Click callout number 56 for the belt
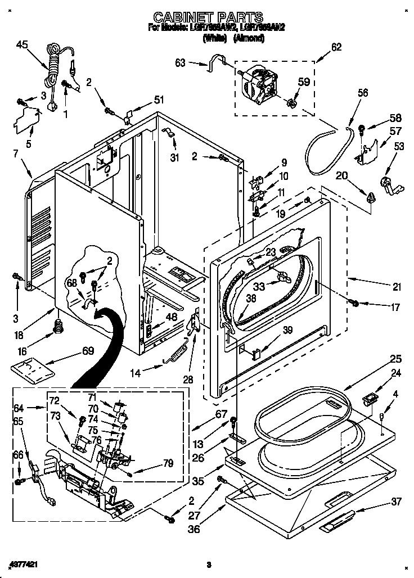pos(362,93)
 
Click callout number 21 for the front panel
pos(397,287)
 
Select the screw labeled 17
pos(354,304)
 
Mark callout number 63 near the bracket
pos(181,64)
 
